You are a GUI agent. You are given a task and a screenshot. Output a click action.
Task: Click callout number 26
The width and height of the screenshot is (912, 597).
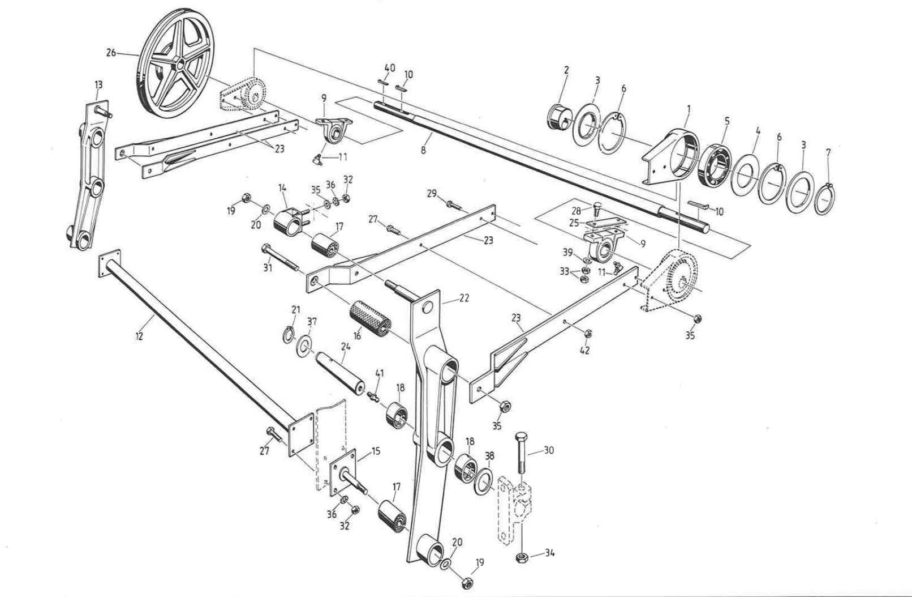click(x=111, y=53)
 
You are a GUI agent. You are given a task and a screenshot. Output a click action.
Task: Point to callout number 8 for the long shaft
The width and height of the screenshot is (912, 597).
click(x=423, y=151)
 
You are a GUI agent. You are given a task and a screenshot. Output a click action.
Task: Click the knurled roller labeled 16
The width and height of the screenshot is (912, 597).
click(x=370, y=320)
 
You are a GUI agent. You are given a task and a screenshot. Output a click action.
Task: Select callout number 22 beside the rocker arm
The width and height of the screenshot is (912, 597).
click(x=464, y=298)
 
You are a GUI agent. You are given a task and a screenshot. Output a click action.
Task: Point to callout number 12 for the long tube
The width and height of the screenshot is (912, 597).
click(x=139, y=336)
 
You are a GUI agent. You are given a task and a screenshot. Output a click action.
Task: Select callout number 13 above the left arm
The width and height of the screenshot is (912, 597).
click(x=98, y=85)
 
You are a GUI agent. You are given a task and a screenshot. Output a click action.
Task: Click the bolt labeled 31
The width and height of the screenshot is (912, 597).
click(x=282, y=257)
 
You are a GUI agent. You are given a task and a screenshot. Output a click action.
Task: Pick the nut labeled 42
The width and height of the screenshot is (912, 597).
click(x=587, y=334)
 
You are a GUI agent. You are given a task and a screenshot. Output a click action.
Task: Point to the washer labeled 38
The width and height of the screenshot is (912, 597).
click(x=484, y=480)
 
